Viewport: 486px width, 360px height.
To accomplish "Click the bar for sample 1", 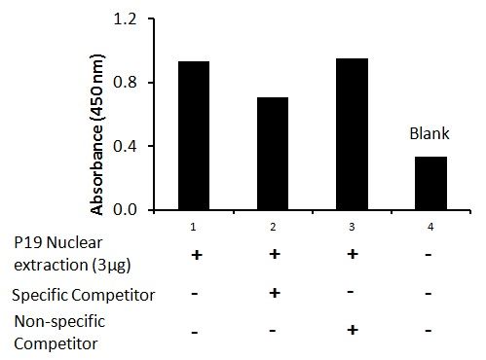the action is [194, 135].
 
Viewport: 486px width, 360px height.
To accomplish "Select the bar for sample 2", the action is [273, 154].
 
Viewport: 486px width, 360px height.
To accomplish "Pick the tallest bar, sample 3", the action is [352, 134].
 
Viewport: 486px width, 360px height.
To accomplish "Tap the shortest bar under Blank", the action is [431, 183].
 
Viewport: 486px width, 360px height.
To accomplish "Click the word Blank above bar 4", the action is [430, 133].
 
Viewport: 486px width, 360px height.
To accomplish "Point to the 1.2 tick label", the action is [126, 19].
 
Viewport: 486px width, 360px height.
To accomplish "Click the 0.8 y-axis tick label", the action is [126, 83].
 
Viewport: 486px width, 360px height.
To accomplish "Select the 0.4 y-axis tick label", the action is [126, 146].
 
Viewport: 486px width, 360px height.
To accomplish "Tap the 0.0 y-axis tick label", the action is [126, 209].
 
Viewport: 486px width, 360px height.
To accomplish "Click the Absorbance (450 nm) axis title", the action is [97, 134].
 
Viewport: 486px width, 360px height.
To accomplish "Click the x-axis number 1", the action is [193, 227].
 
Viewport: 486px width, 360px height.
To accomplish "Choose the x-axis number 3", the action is [352, 227].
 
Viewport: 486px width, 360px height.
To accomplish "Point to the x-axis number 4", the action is [430, 227].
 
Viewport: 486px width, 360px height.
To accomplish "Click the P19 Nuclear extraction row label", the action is [72, 254].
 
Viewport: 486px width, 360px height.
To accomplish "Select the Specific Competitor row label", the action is [84, 295].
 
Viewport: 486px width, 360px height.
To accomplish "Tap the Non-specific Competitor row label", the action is [59, 333].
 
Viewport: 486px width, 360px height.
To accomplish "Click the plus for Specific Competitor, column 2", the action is [275, 293].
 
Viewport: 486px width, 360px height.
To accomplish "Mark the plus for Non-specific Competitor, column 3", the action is [353, 330].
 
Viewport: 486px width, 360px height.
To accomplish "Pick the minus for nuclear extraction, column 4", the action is [429, 255].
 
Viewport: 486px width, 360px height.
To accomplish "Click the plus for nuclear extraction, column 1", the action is [197, 255].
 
